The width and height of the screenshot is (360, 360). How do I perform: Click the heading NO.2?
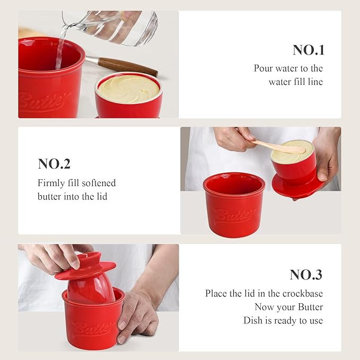coord(54,164)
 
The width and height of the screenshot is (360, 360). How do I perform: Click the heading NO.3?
coord(306,275)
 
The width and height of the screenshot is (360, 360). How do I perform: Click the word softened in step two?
coord(98,183)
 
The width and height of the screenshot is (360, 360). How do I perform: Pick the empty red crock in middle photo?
coord(234,204)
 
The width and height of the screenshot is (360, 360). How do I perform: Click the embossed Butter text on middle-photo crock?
coord(233,215)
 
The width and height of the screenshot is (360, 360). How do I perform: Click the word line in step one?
coord(314,82)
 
